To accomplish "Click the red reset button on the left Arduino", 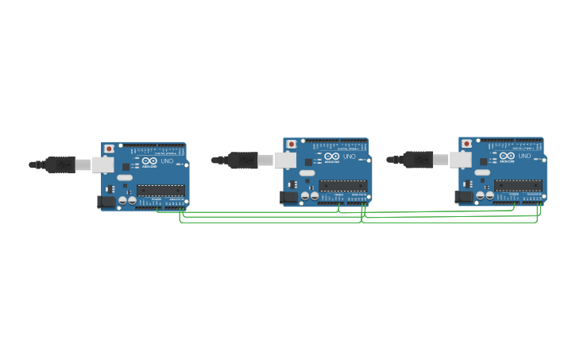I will (109, 149).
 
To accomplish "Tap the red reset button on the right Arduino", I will (466, 144).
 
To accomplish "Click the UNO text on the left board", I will (167, 161).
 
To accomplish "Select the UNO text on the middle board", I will (349, 157).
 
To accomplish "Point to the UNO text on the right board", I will (524, 156).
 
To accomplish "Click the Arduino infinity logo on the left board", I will (149, 161).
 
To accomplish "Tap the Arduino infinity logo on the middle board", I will (331, 157).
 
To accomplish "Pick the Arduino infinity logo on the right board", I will (507, 156).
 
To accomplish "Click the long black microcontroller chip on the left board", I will (160, 191).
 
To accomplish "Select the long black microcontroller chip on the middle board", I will (342, 185).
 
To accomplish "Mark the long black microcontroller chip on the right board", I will (518, 185).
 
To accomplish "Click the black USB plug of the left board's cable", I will (60, 165).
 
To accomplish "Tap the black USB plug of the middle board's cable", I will (242, 160).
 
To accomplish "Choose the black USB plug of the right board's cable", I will (418, 160).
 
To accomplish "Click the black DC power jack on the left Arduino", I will (106, 202).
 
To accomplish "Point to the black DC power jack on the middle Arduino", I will (288, 197).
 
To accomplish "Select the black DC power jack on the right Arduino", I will (463, 196).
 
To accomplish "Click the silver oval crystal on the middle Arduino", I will (307, 172).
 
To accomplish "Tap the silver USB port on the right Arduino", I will (461, 160).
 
